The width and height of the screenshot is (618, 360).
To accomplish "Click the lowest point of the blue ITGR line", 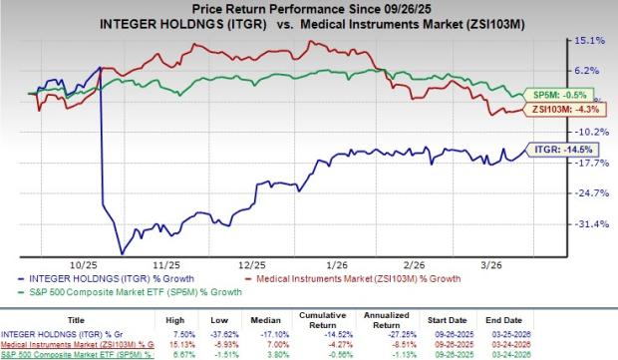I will click(121, 253).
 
